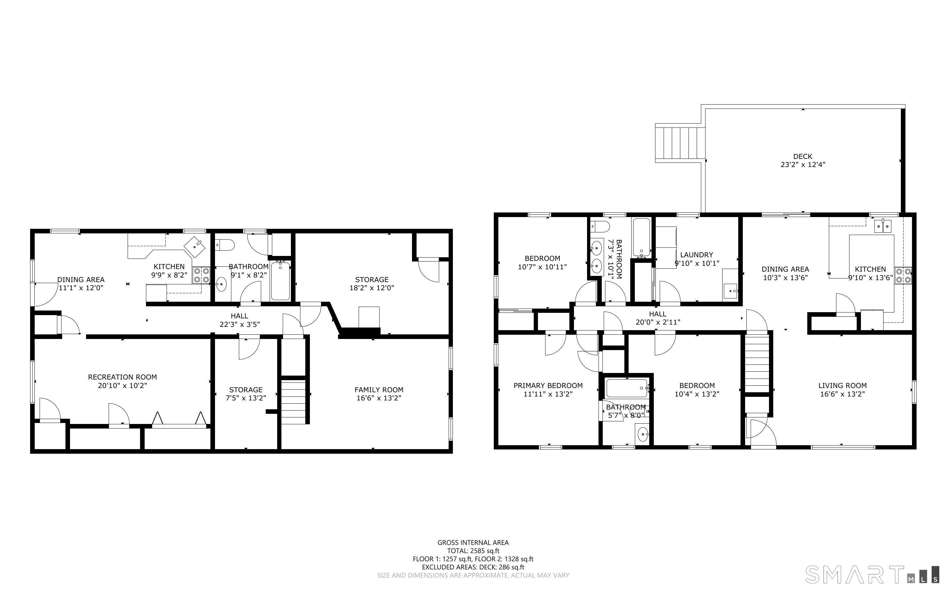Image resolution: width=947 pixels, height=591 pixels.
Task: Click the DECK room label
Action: [803, 156]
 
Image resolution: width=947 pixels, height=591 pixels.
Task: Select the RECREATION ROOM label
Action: [122, 377]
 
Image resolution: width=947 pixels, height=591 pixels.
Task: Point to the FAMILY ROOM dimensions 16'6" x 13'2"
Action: [379, 398]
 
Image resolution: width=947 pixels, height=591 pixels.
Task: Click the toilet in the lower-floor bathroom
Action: [224, 245]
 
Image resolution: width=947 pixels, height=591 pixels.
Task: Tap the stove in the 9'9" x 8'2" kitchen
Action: [201, 275]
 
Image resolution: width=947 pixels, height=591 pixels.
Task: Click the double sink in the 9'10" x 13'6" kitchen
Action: [883, 226]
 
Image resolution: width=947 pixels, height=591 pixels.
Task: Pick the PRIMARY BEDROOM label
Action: [548, 386]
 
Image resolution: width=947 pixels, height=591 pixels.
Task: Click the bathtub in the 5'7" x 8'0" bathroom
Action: [627, 388]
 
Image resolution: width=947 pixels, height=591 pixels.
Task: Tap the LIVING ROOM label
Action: [842, 386]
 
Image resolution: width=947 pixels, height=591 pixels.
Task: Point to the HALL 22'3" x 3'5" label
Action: [240, 320]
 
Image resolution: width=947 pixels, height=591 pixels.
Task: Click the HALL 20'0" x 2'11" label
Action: [657, 318]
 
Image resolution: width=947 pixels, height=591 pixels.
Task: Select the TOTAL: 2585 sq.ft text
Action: [473, 551]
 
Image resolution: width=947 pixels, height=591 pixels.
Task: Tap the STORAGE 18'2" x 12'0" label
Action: [372, 284]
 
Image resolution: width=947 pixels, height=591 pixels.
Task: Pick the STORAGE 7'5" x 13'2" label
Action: [246, 394]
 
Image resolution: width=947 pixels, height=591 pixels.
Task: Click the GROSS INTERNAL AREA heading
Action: [473, 543]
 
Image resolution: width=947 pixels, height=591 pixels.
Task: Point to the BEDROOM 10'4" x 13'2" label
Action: [697, 390]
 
